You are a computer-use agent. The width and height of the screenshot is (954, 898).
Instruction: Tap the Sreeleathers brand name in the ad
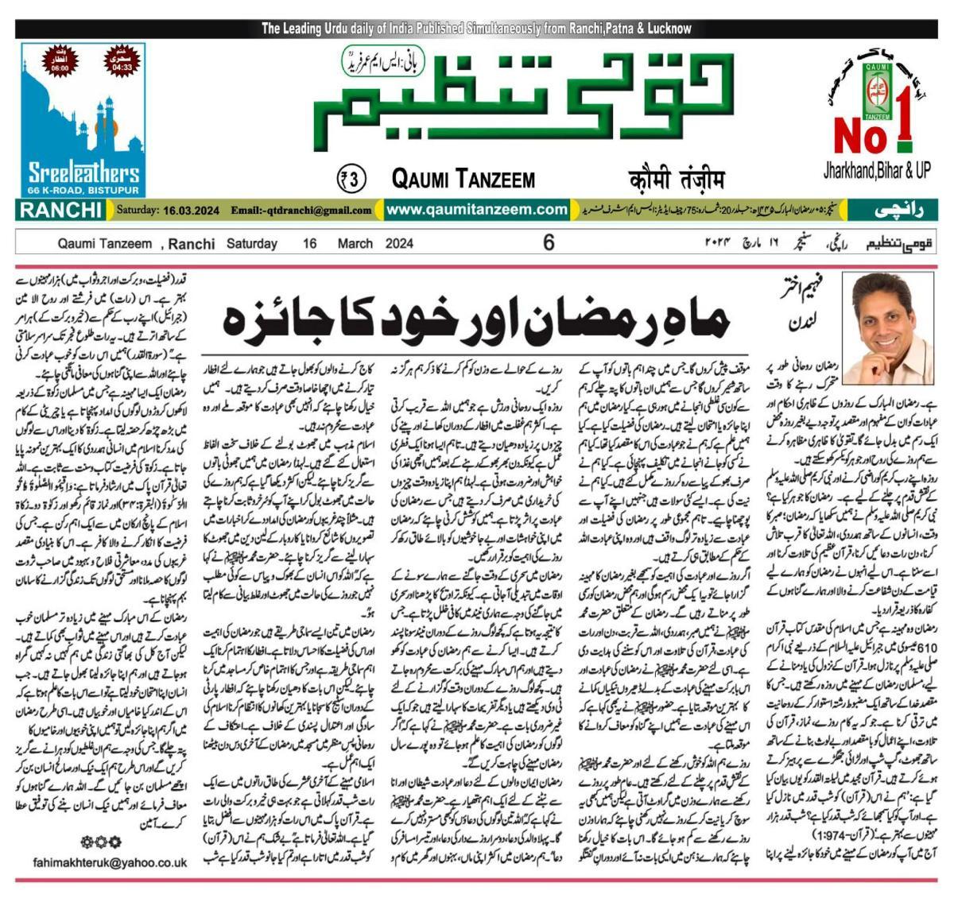click(x=84, y=173)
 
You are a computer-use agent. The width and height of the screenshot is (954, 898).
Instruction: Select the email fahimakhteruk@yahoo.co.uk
click(x=111, y=862)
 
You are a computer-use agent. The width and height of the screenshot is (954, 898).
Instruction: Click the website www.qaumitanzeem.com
click(x=478, y=210)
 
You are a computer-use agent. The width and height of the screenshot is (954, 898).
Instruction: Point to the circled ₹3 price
click(x=351, y=179)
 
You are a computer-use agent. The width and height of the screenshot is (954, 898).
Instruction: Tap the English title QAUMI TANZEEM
click(x=463, y=180)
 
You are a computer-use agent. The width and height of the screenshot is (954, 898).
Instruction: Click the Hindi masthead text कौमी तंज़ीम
click(x=674, y=179)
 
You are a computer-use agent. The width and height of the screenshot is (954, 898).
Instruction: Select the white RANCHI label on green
click(x=60, y=211)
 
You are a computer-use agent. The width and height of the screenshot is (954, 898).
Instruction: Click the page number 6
click(x=549, y=243)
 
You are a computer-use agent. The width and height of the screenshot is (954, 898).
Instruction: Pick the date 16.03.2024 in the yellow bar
click(x=191, y=211)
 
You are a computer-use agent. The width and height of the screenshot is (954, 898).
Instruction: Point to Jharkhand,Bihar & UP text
click(x=882, y=170)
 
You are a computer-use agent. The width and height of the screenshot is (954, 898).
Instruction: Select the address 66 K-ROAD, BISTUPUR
click(x=84, y=192)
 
